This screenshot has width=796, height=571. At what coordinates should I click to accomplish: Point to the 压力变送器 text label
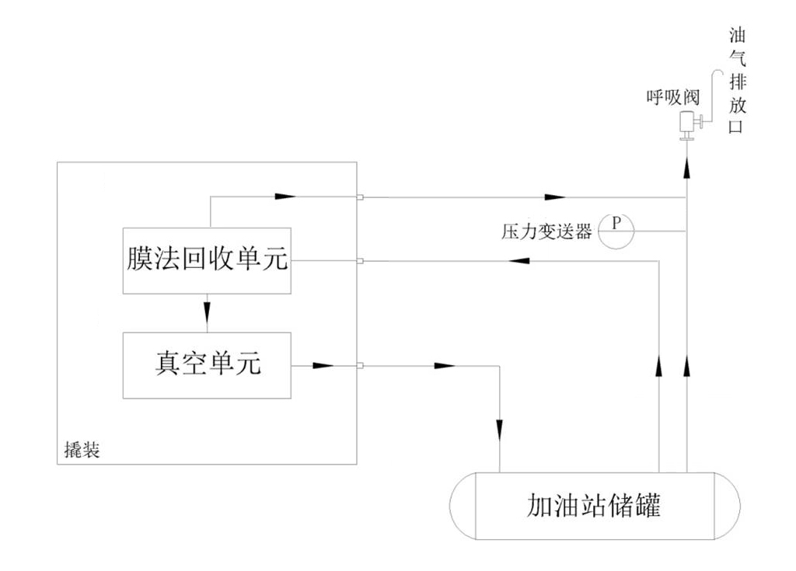pos(546,231)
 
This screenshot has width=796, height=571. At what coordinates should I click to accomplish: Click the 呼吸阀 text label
pos(672,97)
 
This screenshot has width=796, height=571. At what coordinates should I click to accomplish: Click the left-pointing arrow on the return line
pos(516,261)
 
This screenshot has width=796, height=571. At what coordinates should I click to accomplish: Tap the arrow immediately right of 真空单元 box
pos(323,364)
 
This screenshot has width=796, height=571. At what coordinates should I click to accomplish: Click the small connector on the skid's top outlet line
pos(361,197)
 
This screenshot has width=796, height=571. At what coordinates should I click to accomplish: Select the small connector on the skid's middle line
pos(361,261)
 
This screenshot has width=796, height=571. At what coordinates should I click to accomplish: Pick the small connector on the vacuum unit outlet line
pos(361,364)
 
